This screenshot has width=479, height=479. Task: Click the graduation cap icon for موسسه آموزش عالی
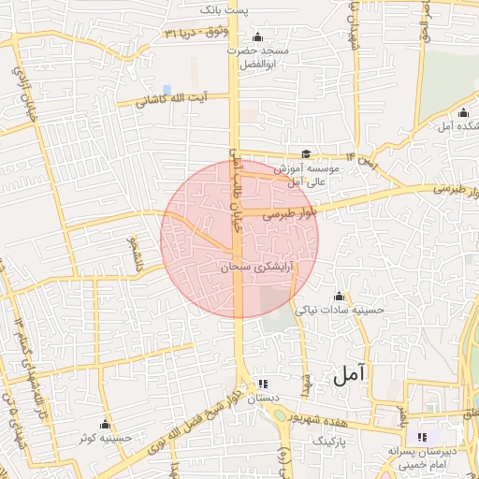click(307, 155)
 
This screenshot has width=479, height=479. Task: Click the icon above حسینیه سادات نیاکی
click(338, 296)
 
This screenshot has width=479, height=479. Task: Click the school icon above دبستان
click(263, 384)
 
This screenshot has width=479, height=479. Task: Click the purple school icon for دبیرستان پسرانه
click(421, 436)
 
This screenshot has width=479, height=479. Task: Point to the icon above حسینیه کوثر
click(105, 425)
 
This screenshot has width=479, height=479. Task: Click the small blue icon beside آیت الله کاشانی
click(167, 91)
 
